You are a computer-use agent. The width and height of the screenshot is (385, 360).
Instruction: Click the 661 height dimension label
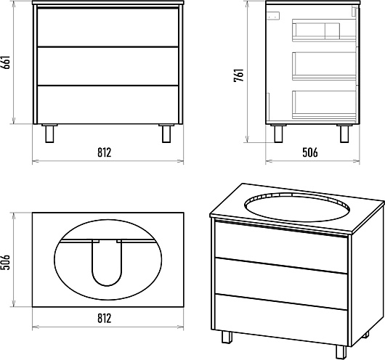point(6,62)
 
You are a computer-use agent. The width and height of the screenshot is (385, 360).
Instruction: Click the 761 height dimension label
point(239,75)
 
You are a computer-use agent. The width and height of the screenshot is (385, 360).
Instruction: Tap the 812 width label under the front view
point(105,152)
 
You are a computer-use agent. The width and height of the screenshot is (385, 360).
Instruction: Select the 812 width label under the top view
point(105,319)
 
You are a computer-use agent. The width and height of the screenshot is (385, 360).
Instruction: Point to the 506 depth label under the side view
point(310,152)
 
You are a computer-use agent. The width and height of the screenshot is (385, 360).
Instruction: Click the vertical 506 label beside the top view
point(6,262)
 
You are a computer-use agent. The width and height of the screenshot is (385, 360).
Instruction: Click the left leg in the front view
point(49,134)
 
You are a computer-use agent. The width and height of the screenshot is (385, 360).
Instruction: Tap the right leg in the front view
point(166,134)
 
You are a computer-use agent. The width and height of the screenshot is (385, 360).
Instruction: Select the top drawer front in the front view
point(108,27)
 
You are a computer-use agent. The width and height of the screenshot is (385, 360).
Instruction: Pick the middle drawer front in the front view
point(108,66)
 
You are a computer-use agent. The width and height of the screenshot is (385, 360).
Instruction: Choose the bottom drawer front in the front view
point(108,105)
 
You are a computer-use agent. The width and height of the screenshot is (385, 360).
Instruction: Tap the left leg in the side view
point(278,134)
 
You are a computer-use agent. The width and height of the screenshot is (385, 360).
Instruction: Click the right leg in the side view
point(344,134)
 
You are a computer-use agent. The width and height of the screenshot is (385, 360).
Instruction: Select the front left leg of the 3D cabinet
point(227,337)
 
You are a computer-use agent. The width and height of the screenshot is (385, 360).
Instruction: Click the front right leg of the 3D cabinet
point(341,352)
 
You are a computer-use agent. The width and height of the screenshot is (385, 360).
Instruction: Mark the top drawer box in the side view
point(324,30)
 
